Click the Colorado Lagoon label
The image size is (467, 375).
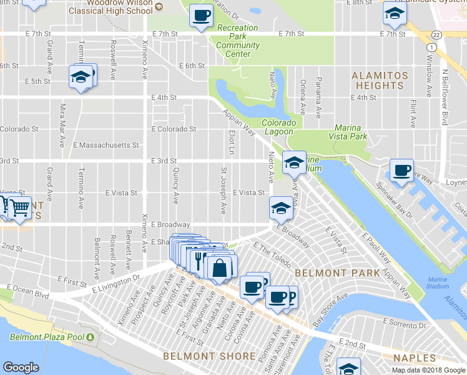[277, 127]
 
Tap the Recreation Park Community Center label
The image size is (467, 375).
[237, 41]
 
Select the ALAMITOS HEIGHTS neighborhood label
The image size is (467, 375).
[380, 81]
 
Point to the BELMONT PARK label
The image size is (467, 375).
[337, 273]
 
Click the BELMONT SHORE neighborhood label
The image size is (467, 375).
[209, 356]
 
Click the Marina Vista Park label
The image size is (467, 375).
[348, 132]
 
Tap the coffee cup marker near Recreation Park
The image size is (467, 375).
[200, 15]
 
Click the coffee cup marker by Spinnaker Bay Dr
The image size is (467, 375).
[401, 169]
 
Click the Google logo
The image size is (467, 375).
[21, 367]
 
